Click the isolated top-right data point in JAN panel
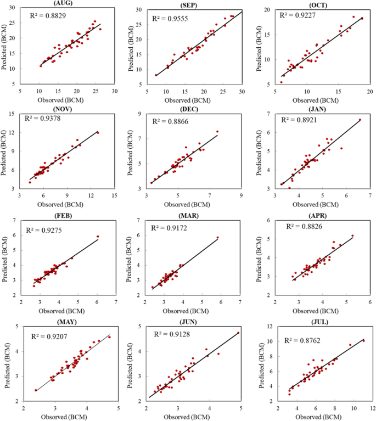[360, 120]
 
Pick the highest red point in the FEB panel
[98, 237]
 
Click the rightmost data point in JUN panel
[238, 333]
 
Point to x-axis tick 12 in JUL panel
[372, 408]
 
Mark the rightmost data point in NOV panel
[98, 132]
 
